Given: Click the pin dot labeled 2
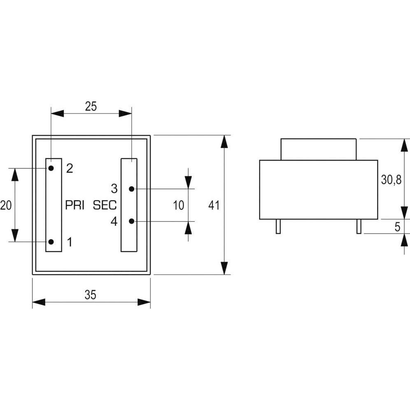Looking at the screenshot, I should (x=51, y=168).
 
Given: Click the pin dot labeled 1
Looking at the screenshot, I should (x=51, y=242).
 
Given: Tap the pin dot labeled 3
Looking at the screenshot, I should (x=131, y=189).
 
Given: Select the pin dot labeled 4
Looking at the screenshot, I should (x=131, y=221).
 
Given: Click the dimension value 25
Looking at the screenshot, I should (x=91, y=106).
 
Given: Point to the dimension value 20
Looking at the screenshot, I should (x=6, y=205).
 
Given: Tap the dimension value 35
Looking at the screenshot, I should (x=91, y=295).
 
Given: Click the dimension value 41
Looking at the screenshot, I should (x=214, y=205).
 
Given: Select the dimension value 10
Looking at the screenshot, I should (x=178, y=205).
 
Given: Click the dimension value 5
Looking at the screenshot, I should (x=397, y=227).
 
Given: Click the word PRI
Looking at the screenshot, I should (x=75, y=205).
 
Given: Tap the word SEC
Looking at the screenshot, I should (x=105, y=205).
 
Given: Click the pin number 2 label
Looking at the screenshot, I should (x=70, y=168).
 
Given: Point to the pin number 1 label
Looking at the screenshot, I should (x=70, y=242).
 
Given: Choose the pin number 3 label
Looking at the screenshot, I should (x=114, y=189).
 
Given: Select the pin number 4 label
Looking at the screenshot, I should (x=114, y=221).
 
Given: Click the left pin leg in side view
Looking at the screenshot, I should (x=278, y=226).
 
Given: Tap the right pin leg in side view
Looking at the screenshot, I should (x=359, y=226).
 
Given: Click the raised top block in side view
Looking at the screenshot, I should (x=318, y=149).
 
